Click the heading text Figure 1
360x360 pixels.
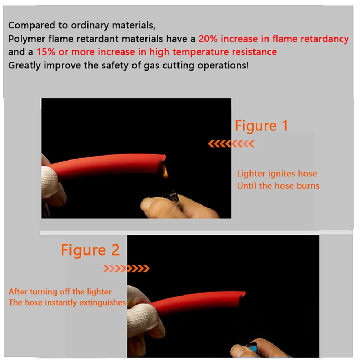click(x=261, y=126)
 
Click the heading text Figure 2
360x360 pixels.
click(x=90, y=250)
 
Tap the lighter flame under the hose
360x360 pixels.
click(x=166, y=172)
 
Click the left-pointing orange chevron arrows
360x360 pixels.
click(x=231, y=144)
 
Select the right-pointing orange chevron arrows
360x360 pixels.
click(x=126, y=268)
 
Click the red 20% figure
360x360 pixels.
click(x=208, y=39)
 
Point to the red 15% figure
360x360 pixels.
click(x=46, y=52)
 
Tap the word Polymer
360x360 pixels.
click(x=27, y=39)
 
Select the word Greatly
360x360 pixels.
click(x=24, y=66)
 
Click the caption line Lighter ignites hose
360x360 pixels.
click(x=277, y=174)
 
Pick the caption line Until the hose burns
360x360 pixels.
click(x=278, y=185)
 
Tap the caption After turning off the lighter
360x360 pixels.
click(x=60, y=292)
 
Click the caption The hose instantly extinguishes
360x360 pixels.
click(x=67, y=303)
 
